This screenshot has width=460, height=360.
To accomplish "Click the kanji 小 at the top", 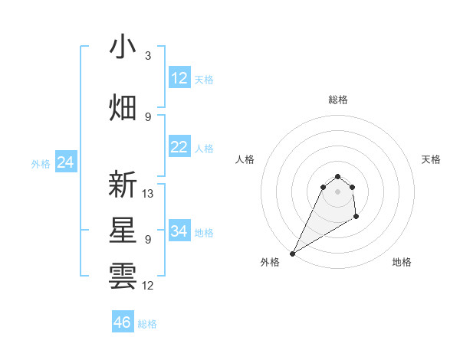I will (123, 47).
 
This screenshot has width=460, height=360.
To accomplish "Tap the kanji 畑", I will (123, 107).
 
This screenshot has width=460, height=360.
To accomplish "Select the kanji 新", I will (123, 185).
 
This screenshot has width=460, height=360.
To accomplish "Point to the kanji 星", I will (123, 231).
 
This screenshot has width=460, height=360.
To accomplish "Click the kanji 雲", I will (123, 276).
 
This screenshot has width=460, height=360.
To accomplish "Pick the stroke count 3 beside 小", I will (148, 56).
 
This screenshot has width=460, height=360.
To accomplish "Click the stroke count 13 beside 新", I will (149, 194).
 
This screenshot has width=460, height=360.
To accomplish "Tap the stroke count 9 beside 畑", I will (148, 116).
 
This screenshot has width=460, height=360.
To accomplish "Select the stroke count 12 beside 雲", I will (149, 286).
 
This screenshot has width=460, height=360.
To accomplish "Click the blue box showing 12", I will (179, 78).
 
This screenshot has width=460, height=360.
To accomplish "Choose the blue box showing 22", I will (179, 147).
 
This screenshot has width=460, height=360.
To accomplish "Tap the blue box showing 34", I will (179, 231).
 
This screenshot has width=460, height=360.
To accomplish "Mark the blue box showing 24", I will (65, 162).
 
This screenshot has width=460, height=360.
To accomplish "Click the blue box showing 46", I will (123, 322).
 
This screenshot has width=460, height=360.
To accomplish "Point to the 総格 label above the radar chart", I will (338, 100).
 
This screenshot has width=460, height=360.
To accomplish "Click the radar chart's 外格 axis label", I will (270, 262).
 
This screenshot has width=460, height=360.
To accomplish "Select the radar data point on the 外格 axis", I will (292, 254).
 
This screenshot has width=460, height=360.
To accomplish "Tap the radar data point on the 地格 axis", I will (356, 217).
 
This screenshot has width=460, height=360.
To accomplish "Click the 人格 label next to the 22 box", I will (204, 148).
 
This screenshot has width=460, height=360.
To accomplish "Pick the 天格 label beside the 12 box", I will (204, 79).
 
